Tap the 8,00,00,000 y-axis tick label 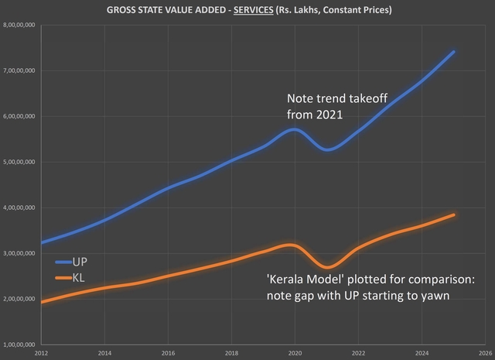[21, 26]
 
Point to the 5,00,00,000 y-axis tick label [21, 162]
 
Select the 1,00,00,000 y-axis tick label [21, 344]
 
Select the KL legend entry [77, 276]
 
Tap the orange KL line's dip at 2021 [326, 267]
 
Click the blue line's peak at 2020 [293, 129]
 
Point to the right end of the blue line [453, 52]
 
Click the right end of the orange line [453, 214]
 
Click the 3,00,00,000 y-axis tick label [21, 253]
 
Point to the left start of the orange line [42, 301]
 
